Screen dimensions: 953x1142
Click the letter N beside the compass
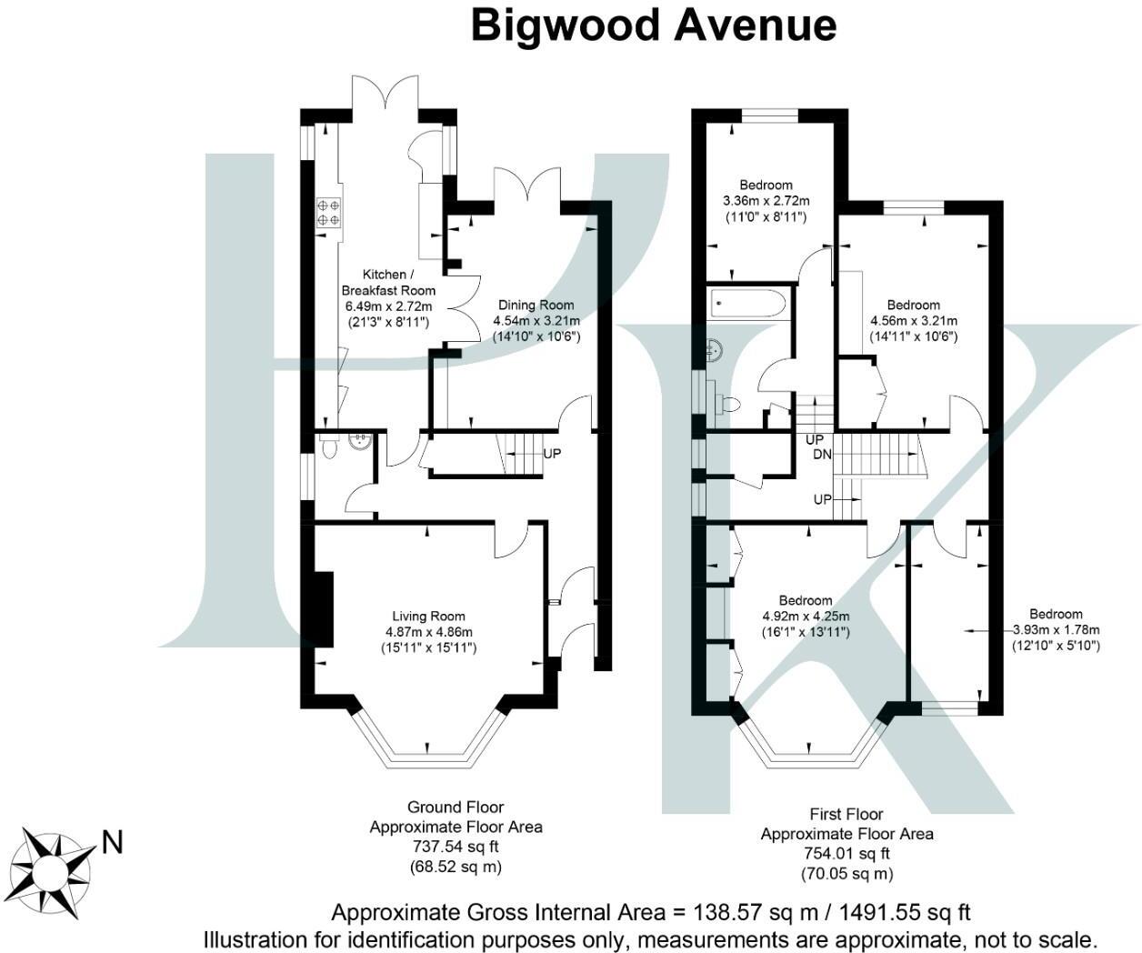point(112,843)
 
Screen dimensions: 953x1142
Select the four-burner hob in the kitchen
point(328,213)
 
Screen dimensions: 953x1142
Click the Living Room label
point(428,616)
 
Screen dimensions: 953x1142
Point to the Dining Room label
point(536,305)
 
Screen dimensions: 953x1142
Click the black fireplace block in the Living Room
point(323,609)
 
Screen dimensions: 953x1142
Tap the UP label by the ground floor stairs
point(552,453)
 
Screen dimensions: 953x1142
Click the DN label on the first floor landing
point(822,455)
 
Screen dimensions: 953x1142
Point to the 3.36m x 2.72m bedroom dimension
point(766,201)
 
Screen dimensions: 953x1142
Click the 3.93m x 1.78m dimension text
point(1056,630)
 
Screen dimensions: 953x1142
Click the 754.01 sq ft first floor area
point(846,854)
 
